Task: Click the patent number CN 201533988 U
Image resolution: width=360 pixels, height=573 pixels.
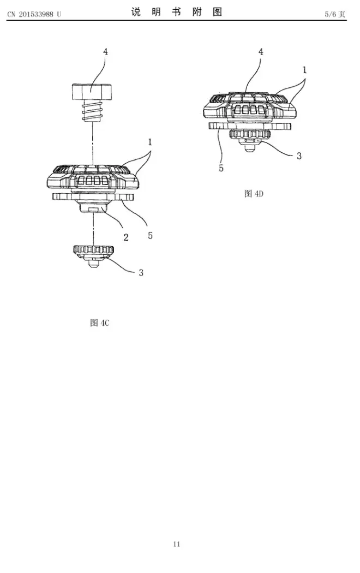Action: (x=34, y=14)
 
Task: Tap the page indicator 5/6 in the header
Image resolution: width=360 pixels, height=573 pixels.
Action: (x=334, y=14)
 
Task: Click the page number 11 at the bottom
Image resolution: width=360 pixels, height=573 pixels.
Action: (x=176, y=544)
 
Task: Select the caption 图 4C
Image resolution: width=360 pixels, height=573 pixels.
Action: (x=100, y=323)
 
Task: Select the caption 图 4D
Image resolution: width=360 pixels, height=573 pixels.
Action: (x=254, y=193)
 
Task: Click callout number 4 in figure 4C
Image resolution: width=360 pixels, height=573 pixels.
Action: (x=105, y=51)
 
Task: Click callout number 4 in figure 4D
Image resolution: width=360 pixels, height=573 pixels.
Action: (x=261, y=51)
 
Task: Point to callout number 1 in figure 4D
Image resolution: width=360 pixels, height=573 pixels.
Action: (x=304, y=70)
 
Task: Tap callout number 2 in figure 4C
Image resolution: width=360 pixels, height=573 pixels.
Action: (x=125, y=237)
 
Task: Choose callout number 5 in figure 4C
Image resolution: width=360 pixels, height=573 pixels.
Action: (x=150, y=235)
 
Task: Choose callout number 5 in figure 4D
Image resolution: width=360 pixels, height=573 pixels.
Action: (x=221, y=168)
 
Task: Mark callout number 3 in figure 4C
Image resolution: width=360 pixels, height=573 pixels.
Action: (x=141, y=272)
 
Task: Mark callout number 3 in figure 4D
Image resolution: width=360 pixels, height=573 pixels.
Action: (x=299, y=156)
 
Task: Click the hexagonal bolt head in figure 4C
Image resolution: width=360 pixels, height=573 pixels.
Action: (x=92, y=92)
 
